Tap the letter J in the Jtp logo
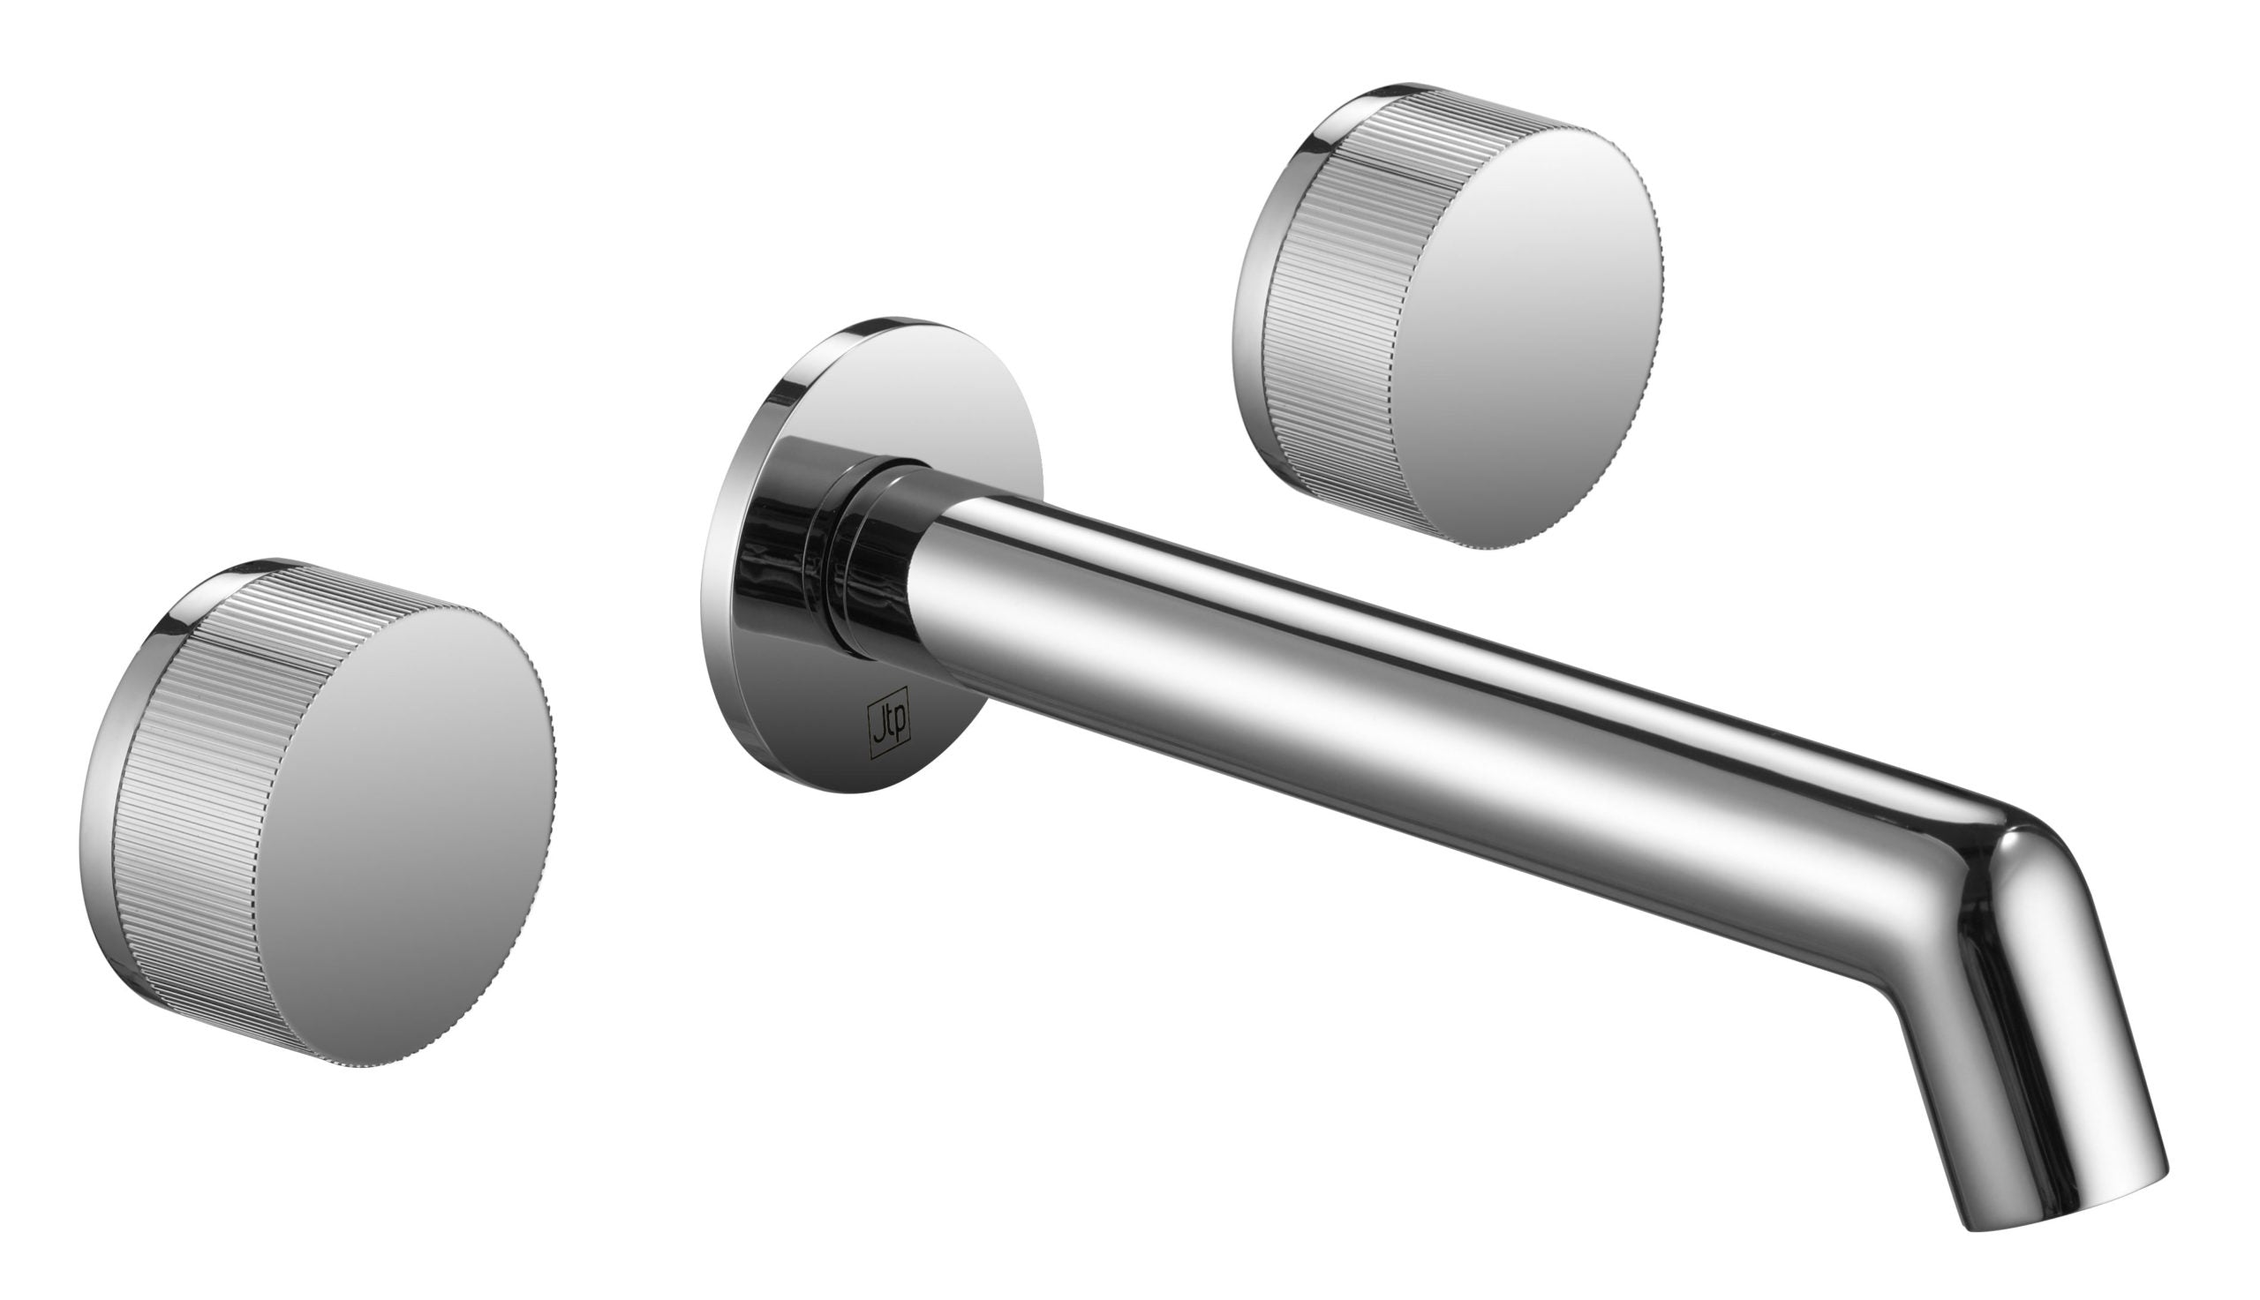coord(878,720)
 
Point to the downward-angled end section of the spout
coord(2027,1071)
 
